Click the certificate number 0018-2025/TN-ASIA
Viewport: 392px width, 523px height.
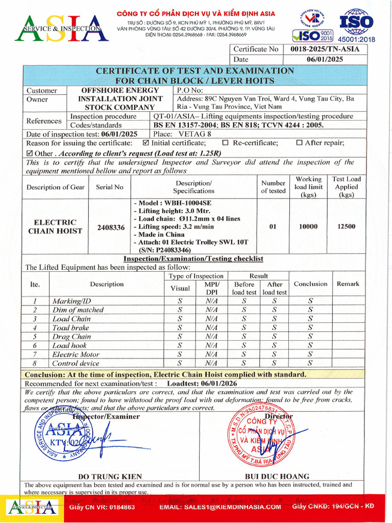[325, 49]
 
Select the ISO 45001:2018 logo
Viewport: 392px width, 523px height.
[356, 26]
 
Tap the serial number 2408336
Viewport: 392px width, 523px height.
[111, 227]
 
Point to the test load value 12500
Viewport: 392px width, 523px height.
[346, 226]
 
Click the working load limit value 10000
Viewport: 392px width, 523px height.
[308, 226]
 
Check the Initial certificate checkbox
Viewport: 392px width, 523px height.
[146, 143]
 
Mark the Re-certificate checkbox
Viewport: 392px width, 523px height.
[225, 143]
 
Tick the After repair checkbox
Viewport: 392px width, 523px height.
[299, 143]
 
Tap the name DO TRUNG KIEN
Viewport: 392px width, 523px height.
[110, 476]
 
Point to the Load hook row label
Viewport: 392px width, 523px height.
[70, 345]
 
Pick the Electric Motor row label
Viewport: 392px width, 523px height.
[76, 354]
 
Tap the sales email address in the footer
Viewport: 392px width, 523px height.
[220, 507]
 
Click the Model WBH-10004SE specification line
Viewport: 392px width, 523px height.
[172, 203]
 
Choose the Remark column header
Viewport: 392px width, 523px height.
[348, 283]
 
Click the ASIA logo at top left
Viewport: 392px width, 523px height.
[61, 28]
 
